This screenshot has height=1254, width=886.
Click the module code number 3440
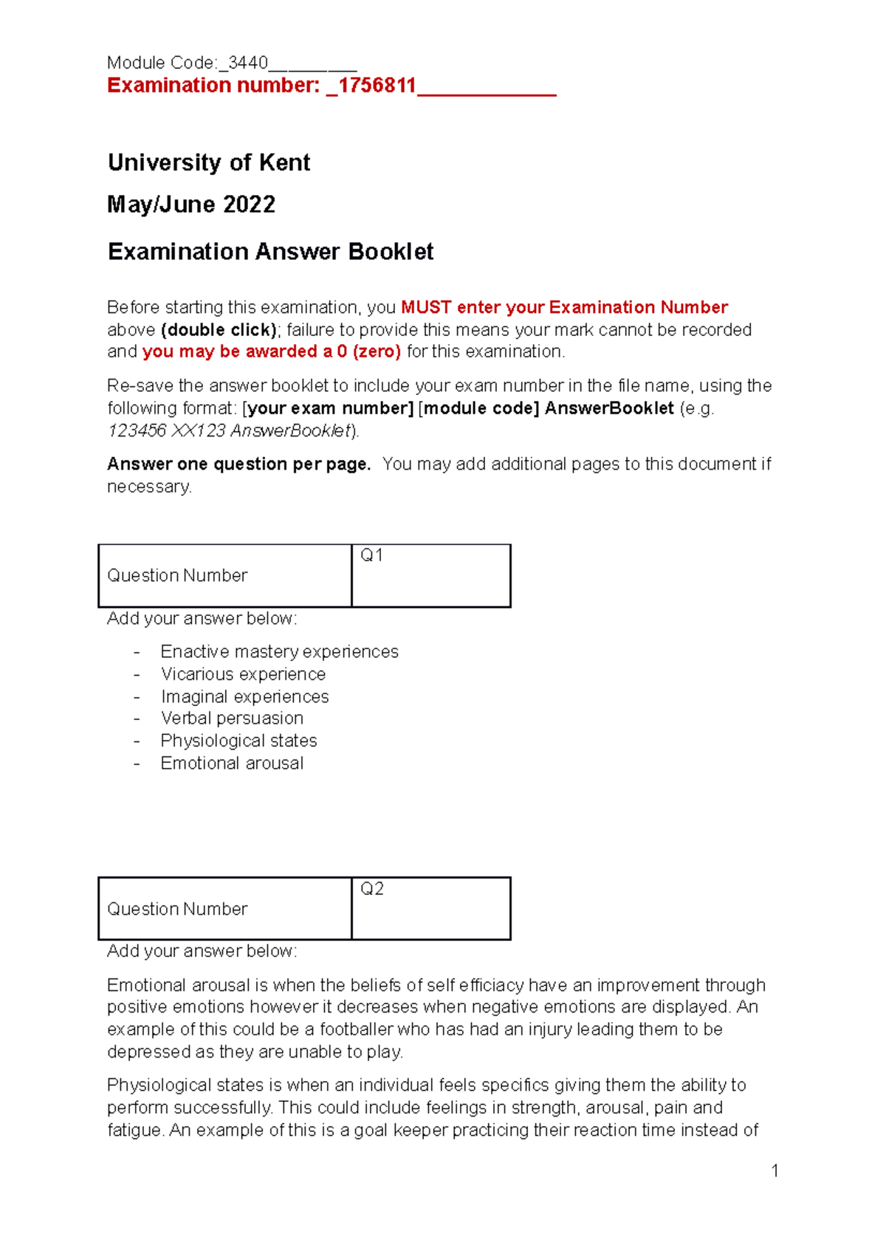248,63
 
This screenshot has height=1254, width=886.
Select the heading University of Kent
209,162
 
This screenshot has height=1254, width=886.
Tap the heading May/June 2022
191,205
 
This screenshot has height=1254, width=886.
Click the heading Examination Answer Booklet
270,252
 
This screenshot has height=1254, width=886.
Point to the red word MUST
426,307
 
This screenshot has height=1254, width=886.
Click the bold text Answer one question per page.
238,465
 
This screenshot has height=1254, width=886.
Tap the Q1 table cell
431,575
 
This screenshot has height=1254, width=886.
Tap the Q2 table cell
431,908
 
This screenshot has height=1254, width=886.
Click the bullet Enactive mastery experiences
279,652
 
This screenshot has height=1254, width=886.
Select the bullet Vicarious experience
243,674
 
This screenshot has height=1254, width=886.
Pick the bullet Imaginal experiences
244,696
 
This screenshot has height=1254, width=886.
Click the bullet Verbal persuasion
232,719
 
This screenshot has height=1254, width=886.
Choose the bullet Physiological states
238,741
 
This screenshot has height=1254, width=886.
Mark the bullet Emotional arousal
232,764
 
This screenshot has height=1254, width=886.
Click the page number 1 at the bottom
775,1171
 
